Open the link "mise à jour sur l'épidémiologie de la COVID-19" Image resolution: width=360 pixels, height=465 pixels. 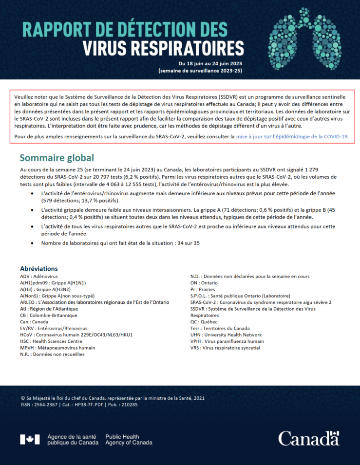point(292,136)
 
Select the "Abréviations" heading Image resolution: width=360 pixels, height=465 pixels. point(39,269)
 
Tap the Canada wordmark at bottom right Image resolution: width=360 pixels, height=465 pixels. point(309,438)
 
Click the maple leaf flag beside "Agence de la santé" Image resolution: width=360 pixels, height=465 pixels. point(30,439)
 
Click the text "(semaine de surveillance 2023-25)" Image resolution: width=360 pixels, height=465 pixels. point(200,71)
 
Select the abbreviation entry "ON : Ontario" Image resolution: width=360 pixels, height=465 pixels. point(204,283)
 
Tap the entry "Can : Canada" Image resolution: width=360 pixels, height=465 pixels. point(34,322)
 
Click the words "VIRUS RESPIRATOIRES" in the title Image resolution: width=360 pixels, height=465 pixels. point(163,49)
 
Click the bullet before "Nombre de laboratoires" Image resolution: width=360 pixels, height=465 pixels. point(32,243)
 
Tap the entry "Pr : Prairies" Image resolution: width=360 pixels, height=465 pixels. point(203,289)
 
